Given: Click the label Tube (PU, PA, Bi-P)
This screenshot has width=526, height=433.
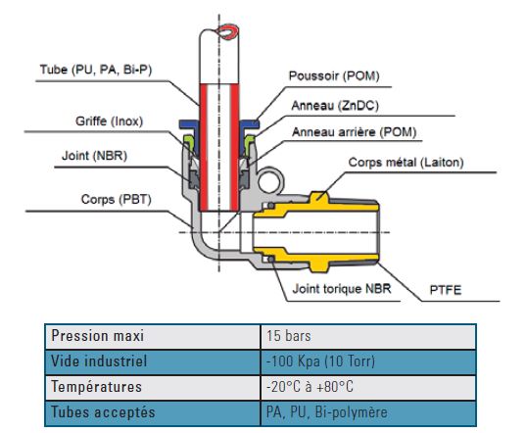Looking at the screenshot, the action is [x=96, y=70].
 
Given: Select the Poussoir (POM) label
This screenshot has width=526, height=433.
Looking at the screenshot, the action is [x=334, y=75].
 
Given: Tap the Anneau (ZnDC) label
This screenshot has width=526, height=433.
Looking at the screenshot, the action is [x=335, y=106].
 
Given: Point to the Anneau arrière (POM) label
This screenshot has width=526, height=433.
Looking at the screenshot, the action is [x=354, y=132].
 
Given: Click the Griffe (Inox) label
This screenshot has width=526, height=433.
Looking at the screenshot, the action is [x=109, y=120].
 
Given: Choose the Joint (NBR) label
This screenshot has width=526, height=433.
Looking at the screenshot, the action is [x=94, y=156].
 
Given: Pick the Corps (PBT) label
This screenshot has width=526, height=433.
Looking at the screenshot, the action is [x=116, y=199].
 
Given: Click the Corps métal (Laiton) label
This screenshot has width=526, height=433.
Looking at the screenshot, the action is [x=406, y=163].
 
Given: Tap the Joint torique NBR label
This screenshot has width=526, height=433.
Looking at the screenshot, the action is [x=342, y=288].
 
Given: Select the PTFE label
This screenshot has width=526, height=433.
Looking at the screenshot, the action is [x=446, y=290].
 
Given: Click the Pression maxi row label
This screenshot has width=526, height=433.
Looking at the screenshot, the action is [x=98, y=336].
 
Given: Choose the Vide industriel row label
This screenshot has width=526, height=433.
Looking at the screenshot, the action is [x=99, y=361].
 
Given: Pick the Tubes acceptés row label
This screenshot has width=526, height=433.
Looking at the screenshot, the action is [x=103, y=412].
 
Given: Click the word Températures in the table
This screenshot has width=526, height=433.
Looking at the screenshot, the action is [x=96, y=387].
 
